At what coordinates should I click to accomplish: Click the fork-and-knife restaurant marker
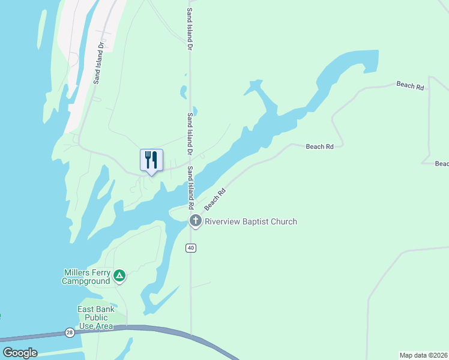(x=151, y=160)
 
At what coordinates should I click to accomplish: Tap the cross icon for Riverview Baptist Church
(x=195, y=221)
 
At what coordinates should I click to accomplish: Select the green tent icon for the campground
(x=119, y=276)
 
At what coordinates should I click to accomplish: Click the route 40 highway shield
(x=191, y=248)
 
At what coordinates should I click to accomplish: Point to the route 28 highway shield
(x=70, y=332)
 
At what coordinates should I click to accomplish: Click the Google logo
(x=20, y=353)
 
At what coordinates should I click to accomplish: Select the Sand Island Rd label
(x=190, y=187)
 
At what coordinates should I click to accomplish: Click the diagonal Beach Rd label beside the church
(x=215, y=199)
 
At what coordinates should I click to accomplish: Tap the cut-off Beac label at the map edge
(x=442, y=164)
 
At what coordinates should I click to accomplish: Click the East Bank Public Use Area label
(x=95, y=317)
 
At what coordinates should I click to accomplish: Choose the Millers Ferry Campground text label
(x=87, y=277)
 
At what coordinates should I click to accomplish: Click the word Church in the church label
(x=283, y=221)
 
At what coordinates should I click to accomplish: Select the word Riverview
(x=222, y=221)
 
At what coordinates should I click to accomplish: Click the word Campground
(x=86, y=281)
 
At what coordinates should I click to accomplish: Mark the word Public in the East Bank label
(x=96, y=317)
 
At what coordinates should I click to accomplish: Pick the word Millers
(x=76, y=272)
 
